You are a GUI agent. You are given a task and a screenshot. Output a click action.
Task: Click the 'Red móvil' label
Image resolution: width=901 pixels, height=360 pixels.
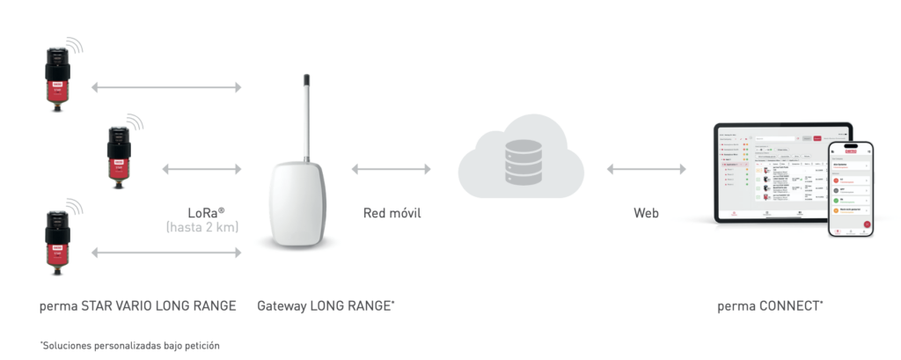[x=392, y=213]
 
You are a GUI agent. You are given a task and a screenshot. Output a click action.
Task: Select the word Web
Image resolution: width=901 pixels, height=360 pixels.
[x=646, y=213]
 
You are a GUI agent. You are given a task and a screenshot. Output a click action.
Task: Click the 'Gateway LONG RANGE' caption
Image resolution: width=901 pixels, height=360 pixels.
[x=326, y=306]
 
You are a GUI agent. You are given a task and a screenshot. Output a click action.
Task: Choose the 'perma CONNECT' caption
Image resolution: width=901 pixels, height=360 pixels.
[x=770, y=306]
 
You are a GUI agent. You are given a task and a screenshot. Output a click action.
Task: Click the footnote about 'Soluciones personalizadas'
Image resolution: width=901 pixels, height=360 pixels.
[x=129, y=345]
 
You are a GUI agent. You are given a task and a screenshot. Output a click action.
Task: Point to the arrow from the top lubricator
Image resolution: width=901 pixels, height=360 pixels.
[x=166, y=86]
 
